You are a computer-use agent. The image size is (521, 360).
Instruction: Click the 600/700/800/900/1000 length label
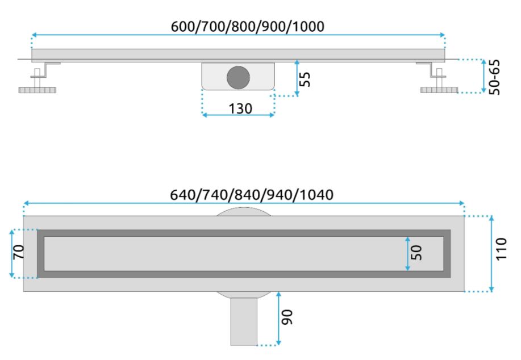point(248,27)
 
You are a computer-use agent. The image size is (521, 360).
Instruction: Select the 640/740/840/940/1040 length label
point(252,195)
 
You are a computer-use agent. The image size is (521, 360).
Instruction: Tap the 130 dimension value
point(240,108)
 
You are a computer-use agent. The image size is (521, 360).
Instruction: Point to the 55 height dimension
point(305,79)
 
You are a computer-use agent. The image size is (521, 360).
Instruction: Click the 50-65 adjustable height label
point(494,77)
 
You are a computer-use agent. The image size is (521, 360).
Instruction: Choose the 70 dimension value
point(19,252)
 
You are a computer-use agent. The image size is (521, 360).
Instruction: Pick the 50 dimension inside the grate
point(416,253)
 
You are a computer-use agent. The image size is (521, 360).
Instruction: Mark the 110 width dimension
point(501,249)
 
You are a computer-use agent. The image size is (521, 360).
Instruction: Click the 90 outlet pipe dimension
point(287,317)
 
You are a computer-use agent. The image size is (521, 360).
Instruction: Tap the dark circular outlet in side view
point(238,77)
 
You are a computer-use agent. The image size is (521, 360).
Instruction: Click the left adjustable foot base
point(37,90)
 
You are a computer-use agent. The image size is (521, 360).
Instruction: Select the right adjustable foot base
point(439,90)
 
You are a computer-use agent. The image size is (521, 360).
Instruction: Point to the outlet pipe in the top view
point(244,321)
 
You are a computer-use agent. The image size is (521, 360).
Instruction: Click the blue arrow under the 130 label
point(238,115)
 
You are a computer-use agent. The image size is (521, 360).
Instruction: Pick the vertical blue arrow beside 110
point(491,254)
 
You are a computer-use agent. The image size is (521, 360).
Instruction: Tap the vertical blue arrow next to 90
point(278,319)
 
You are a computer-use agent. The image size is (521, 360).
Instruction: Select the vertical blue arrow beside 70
point(11,253)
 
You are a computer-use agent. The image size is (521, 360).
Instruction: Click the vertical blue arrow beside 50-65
point(484,76)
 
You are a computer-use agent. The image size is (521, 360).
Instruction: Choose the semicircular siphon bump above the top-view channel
point(244,212)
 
